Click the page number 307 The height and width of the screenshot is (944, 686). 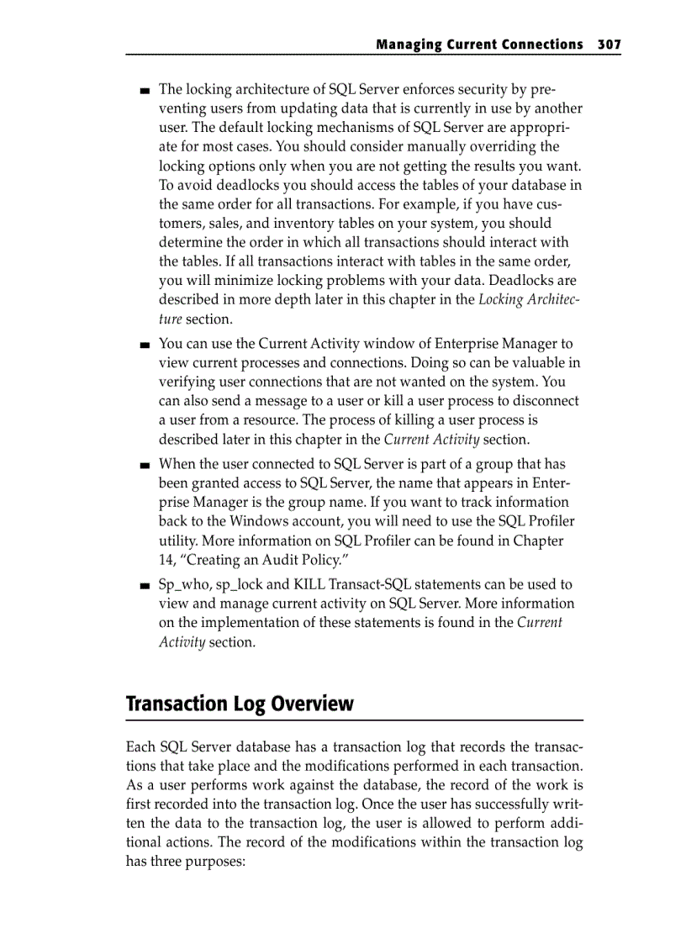click(x=609, y=44)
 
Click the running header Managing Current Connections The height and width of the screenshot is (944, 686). click(x=478, y=44)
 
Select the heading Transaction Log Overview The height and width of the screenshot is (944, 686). click(x=240, y=704)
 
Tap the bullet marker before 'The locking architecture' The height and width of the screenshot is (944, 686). click(x=145, y=90)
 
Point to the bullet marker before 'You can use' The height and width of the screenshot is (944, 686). click(x=145, y=344)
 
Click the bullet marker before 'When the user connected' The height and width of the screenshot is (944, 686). click(x=145, y=465)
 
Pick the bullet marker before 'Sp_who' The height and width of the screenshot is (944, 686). click(x=145, y=585)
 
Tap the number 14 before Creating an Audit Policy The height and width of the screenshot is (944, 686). click(x=166, y=561)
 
